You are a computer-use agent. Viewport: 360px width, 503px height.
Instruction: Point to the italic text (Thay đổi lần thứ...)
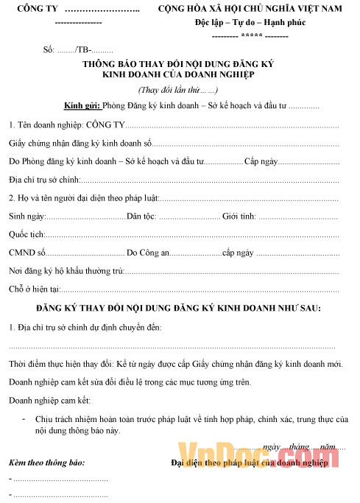(178, 90)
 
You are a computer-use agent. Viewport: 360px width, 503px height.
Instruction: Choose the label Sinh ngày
(27, 217)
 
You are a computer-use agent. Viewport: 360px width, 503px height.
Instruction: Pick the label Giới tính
(238, 217)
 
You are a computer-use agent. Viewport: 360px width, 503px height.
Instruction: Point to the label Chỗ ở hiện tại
(34, 289)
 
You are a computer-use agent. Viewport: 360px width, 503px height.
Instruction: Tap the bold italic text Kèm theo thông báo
(46, 462)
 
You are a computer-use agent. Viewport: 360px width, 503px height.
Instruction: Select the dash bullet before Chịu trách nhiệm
(26, 417)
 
